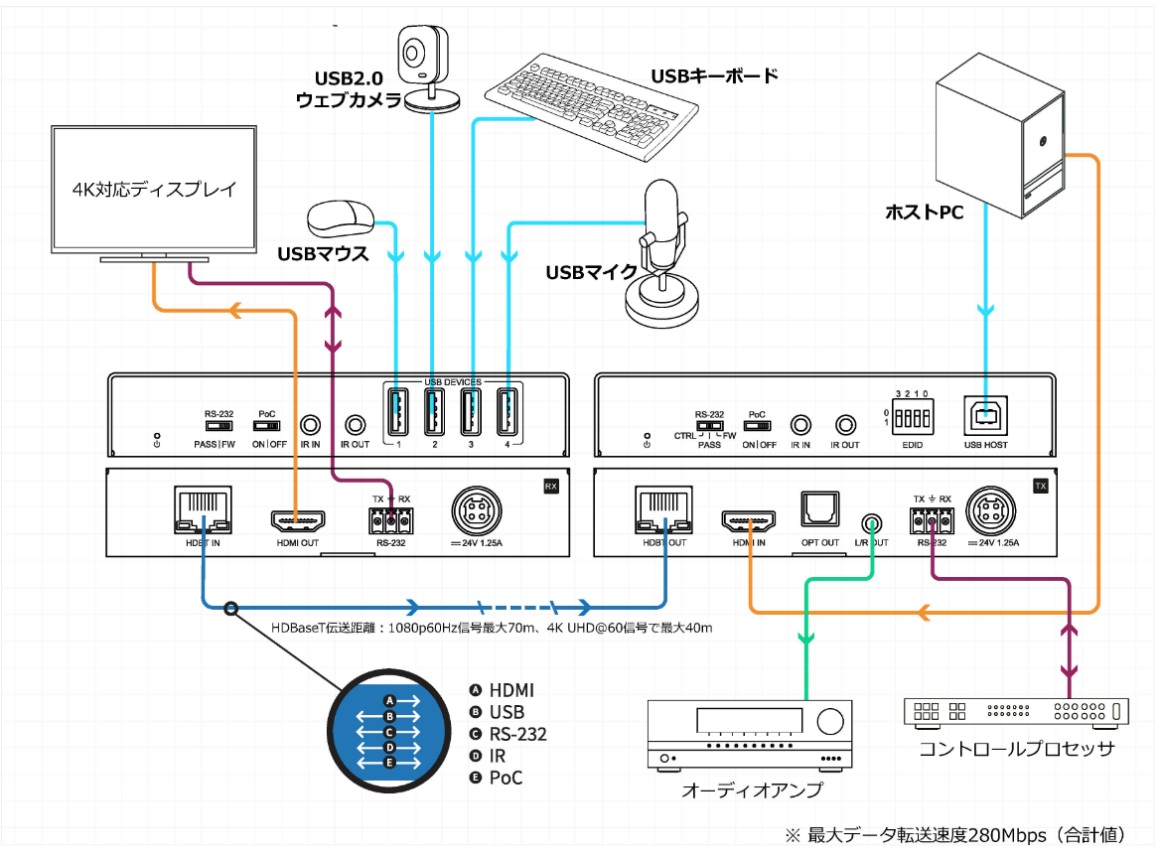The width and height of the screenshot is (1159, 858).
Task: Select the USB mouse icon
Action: click(341, 216)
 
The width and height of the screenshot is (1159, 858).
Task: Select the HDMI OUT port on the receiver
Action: click(296, 520)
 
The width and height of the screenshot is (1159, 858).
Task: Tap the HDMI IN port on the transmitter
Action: click(750, 520)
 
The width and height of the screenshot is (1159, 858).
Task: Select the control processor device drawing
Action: click(1017, 711)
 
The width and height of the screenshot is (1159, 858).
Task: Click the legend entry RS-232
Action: click(517, 735)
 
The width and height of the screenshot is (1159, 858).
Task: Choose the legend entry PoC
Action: click(506, 778)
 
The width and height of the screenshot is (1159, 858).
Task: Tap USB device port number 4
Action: click(507, 410)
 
